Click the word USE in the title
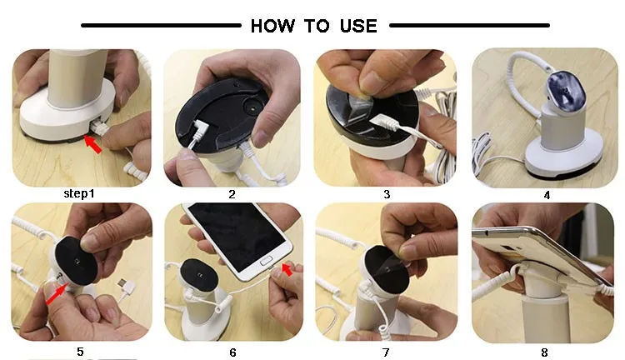click(x=357, y=26)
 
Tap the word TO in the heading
click(x=317, y=26)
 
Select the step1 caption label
click(x=81, y=194)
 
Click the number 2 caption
click(x=232, y=194)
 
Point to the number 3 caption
click(x=387, y=194)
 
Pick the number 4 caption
click(x=547, y=195)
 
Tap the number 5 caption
click(x=80, y=352)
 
